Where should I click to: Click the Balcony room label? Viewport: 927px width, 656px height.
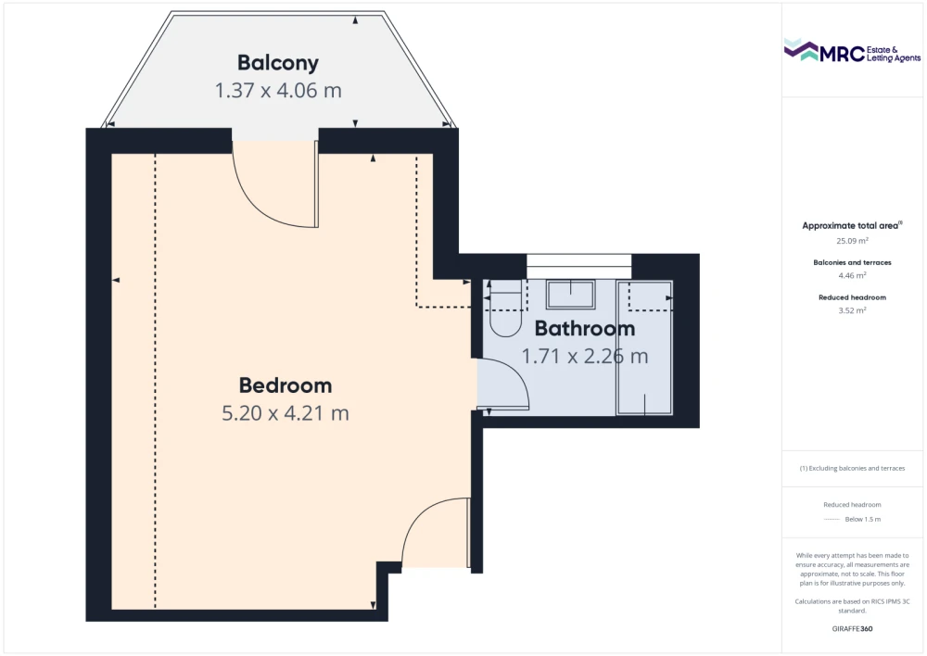278,63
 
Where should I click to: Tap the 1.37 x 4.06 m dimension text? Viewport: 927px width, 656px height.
278,91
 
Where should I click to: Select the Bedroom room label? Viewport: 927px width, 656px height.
286,385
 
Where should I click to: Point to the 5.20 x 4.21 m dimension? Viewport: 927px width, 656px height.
286,413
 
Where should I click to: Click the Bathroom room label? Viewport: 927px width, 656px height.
585,329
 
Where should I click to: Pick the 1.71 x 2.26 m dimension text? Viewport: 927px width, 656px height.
585,357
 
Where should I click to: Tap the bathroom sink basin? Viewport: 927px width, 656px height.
570,295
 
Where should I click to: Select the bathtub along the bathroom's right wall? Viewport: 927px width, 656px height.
644,347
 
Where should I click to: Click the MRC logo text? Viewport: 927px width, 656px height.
842,54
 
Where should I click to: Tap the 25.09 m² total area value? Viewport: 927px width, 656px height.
852,241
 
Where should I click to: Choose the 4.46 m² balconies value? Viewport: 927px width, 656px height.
852,275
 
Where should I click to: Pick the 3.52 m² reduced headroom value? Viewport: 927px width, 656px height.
852,310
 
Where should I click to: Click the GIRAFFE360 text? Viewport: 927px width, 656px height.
852,629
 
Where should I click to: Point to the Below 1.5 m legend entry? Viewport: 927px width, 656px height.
862,520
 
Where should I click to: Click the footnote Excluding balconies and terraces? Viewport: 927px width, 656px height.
852,469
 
